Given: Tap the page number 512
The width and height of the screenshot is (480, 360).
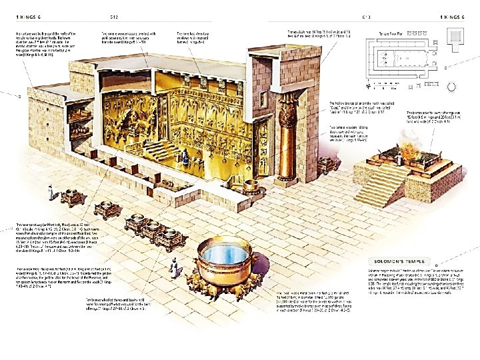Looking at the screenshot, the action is pos(115,17).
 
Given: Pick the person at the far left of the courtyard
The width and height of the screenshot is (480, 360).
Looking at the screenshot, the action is pos(49,193).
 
